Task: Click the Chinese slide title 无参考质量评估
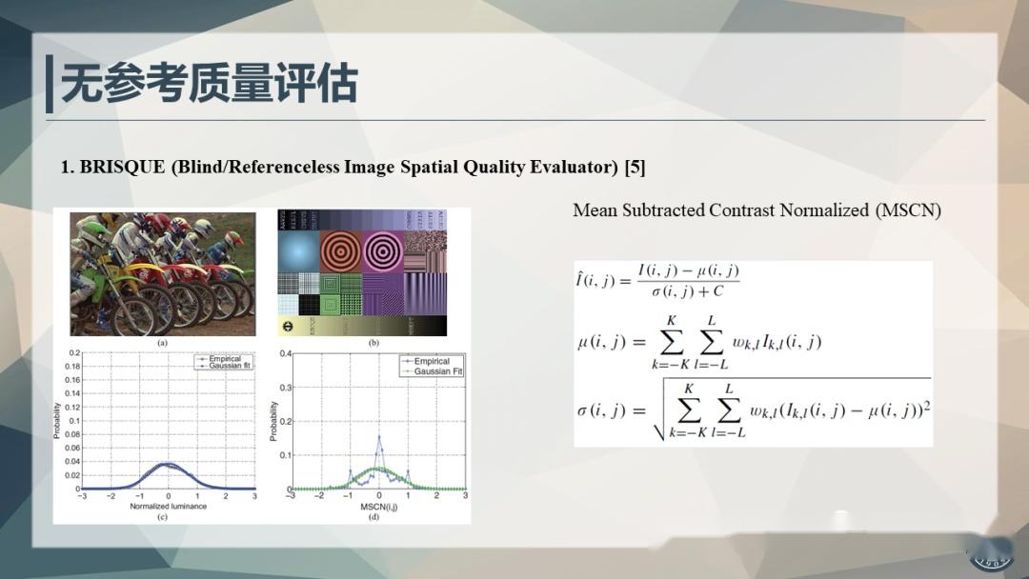click(x=210, y=84)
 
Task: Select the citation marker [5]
click(x=635, y=168)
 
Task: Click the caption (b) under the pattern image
click(x=373, y=343)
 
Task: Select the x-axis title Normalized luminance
click(x=168, y=506)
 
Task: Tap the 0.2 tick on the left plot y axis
click(x=73, y=352)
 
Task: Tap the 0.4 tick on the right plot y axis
click(x=284, y=354)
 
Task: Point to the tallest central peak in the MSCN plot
click(x=378, y=438)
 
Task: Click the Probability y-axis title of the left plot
click(x=58, y=421)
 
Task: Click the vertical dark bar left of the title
click(x=50, y=84)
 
